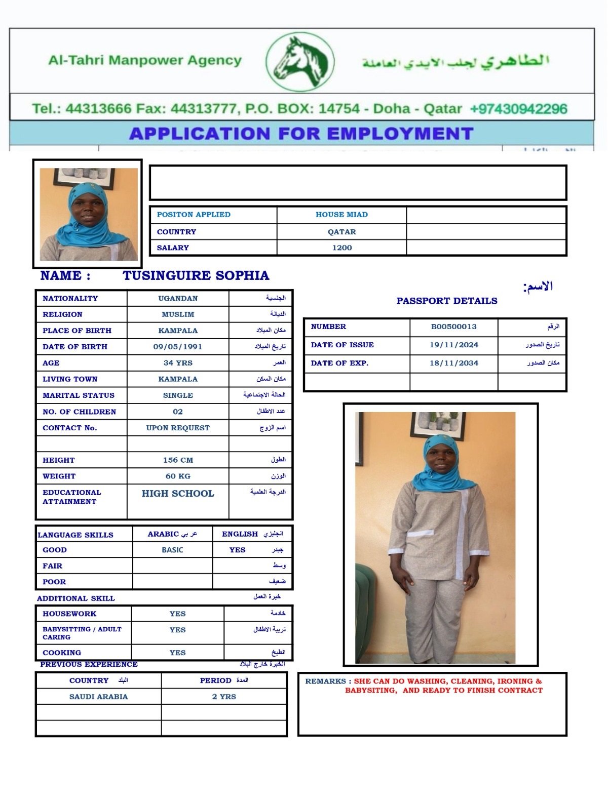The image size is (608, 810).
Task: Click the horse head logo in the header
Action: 300,62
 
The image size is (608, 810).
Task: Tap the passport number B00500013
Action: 453,327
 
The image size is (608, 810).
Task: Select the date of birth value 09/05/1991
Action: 178,347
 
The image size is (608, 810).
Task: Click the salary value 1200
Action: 342,248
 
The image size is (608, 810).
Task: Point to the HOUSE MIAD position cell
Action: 342,215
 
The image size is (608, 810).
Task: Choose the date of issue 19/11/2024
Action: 453,345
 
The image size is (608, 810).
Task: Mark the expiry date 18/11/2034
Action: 453,363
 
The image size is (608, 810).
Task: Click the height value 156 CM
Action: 178,460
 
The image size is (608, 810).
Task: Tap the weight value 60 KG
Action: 178,476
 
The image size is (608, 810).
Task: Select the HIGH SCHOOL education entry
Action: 178,494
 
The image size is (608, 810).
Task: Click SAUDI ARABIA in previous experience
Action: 98,697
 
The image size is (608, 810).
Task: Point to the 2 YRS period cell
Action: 224,697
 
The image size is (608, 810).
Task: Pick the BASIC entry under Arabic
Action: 172,550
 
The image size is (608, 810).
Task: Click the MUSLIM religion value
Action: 178,314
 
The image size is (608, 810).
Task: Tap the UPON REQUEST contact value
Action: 178,428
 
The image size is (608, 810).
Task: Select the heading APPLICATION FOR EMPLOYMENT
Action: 301,134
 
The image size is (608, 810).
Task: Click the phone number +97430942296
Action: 518,109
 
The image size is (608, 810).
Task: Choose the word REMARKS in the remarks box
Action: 325,681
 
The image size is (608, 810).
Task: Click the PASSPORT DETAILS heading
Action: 447,301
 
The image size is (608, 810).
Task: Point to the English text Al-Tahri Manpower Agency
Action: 145,60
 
